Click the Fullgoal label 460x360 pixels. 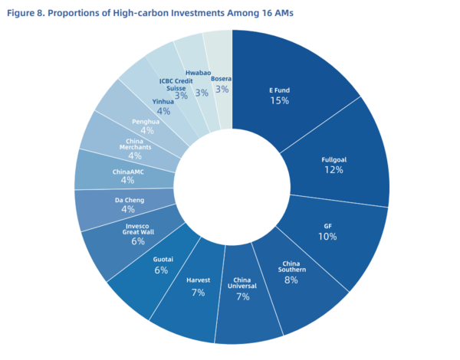pyautogui.click(x=333, y=159)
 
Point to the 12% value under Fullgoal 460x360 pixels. pyautogui.click(x=333, y=170)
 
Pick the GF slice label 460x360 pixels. pyautogui.click(x=329, y=226)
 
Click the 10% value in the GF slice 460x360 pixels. pyautogui.click(x=329, y=237)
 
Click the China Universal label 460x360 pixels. pyautogui.click(x=242, y=283)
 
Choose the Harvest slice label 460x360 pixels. pyautogui.click(x=198, y=280)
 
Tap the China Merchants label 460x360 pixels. pyautogui.click(x=134, y=145)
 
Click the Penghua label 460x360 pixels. pyautogui.click(x=146, y=121)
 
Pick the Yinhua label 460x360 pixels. pyautogui.click(x=163, y=101)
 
